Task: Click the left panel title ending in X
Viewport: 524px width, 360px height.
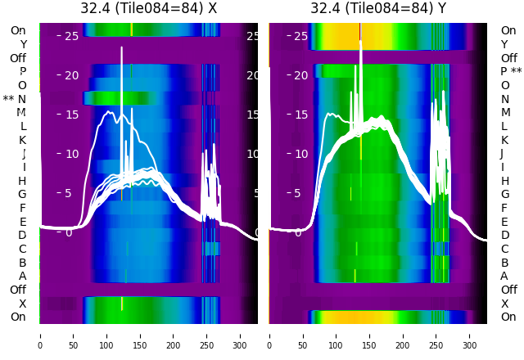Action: click(148, 8)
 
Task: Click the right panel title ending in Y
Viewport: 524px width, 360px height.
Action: click(378, 8)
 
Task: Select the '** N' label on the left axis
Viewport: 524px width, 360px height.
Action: click(15, 99)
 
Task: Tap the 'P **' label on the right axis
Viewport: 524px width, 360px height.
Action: click(511, 72)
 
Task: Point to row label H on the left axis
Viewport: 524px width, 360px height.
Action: click(22, 181)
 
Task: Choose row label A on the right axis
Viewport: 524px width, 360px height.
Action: click(504, 277)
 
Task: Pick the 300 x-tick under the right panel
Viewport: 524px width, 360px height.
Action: click(470, 335)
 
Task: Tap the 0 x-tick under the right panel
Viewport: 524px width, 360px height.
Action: click(269, 335)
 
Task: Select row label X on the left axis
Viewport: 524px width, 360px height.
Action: click(22, 304)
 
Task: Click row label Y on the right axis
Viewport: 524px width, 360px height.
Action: click(504, 44)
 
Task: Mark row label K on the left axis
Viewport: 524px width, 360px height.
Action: click(22, 140)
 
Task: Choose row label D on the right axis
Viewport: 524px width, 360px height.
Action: click(504, 236)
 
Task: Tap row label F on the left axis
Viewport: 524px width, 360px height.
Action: click(22, 208)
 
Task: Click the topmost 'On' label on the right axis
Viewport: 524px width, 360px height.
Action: click(508, 31)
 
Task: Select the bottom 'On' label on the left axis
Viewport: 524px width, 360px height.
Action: click(18, 317)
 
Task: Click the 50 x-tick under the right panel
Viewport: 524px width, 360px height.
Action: click(303, 335)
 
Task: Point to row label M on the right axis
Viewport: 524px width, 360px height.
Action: click(505, 113)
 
